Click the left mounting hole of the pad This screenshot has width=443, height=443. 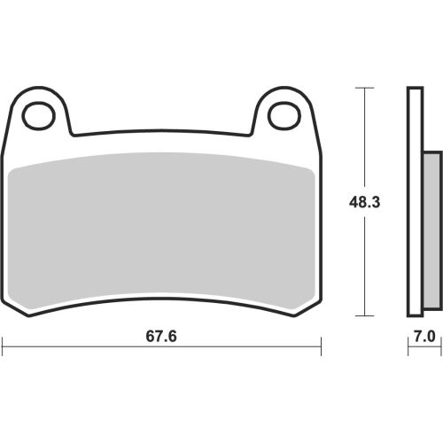tap(39, 116)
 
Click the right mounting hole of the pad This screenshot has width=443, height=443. tap(284, 116)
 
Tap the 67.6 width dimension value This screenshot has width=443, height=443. tap(161, 337)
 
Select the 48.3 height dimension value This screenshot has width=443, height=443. tap(364, 203)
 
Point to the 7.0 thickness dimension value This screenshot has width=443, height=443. tap(424, 337)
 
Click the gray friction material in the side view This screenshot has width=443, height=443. tap(433, 230)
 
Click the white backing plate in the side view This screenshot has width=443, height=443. tap(415, 202)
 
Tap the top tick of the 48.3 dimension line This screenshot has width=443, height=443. tap(365, 88)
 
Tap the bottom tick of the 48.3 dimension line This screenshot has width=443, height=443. tap(365, 316)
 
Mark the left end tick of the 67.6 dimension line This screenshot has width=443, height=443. tap(3, 346)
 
